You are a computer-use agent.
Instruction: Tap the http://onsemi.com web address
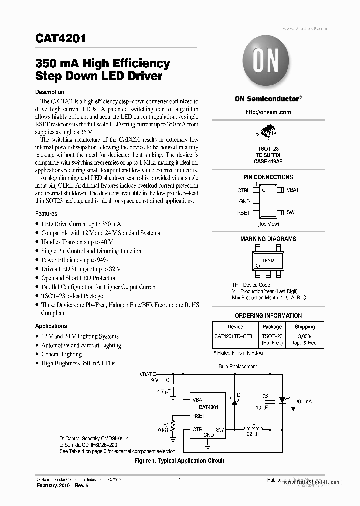click(268, 112)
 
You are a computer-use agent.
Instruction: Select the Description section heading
click(50, 92)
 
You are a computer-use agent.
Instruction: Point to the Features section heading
click(46, 214)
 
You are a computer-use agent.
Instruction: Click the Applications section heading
click(51, 326)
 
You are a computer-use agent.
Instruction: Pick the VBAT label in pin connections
click(292, 190)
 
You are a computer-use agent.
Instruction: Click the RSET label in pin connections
click(244, 212)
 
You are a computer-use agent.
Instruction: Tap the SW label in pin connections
click(290, 212)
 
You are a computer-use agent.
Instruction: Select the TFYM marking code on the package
click(268, 261)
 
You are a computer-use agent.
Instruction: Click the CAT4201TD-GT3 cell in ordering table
click(233, 337)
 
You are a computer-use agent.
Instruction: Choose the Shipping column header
click(305, 327)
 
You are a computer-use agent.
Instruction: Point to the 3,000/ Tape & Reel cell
click(305, 340)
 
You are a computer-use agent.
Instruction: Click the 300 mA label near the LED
click(304, 401)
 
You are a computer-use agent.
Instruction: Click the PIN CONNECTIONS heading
click(268, 177)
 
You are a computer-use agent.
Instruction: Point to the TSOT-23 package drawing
click(268, 134)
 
